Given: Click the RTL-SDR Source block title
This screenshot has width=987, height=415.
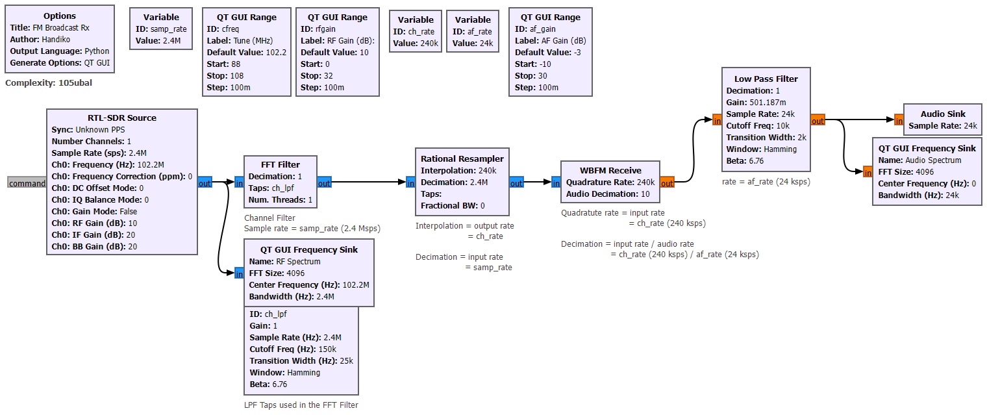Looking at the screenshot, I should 122,118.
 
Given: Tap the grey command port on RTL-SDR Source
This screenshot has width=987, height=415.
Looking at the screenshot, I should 27,183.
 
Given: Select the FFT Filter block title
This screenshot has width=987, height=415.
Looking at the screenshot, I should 281,164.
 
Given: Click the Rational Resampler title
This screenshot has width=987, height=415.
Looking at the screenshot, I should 462,158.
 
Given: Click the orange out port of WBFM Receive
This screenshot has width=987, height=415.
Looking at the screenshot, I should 667,182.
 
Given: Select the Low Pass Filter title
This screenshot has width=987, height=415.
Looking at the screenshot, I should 766,79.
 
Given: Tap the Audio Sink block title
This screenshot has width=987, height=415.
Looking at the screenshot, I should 942,114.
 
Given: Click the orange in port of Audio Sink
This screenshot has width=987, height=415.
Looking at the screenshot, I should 899,119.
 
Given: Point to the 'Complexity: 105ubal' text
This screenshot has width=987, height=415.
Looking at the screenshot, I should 53,82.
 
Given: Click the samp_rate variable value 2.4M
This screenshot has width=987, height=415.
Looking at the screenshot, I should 172,40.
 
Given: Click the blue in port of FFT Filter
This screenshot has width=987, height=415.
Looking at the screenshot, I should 238,183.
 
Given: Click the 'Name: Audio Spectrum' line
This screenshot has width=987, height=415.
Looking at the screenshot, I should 919,160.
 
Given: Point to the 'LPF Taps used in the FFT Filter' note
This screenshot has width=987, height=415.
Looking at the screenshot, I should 301,405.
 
